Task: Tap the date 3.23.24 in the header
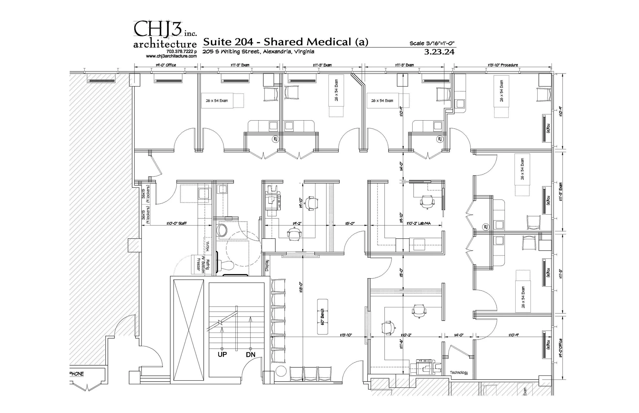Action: tap(439, 52)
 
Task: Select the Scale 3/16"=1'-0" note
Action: tap(431, 43)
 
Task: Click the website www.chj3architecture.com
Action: tap(171, 56)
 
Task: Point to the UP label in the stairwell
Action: tap(222, 354)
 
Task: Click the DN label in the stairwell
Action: tap(250, 355)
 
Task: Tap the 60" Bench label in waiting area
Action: tap(323, 317)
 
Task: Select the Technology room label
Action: tap(459, 372)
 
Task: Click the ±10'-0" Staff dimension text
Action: tap(176, 223)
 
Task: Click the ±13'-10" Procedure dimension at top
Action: tap(503, 65)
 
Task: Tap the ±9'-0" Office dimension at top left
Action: tap(166, 65)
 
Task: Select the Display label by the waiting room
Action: tap(267, 265)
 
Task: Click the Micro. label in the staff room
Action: tap(208, 245)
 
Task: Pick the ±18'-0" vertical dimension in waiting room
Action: tap(301, 287)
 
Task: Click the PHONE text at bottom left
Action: tap(77, 374)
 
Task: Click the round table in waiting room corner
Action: tap(281, 372)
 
